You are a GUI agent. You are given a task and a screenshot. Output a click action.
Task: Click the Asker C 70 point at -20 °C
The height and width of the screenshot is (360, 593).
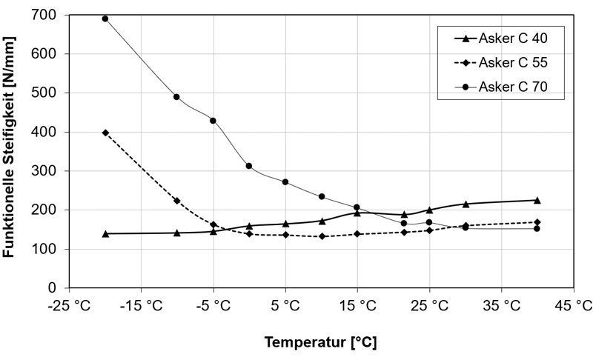(105, 19)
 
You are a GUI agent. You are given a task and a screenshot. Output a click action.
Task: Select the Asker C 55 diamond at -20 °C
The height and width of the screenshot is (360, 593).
(105, 133)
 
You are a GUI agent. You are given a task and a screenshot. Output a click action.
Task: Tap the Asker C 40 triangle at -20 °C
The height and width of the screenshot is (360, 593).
(105, 233)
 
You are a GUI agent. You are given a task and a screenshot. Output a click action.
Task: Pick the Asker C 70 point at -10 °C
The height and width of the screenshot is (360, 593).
(176, 97)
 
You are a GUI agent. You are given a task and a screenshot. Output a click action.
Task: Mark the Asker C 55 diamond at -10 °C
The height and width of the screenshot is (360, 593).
(176, 201)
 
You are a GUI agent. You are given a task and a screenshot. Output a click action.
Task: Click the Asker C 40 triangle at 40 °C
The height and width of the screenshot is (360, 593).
(537, 200)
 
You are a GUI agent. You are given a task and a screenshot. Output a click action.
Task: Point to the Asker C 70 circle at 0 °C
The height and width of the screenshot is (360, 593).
(249, 166)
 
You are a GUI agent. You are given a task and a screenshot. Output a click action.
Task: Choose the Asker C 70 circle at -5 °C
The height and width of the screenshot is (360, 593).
(213, 121)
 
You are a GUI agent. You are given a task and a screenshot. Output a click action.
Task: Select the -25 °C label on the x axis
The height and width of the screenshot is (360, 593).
(69, 304)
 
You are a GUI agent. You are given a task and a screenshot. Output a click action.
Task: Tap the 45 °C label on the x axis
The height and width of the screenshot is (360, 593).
(573, 304)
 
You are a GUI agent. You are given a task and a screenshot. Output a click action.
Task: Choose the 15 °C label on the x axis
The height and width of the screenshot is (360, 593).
(357, 304)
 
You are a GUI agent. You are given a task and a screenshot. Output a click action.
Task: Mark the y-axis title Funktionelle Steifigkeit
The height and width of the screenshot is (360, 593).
(10, 148)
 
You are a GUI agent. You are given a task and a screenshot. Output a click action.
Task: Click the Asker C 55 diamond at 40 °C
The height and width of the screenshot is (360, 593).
(537, 222)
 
